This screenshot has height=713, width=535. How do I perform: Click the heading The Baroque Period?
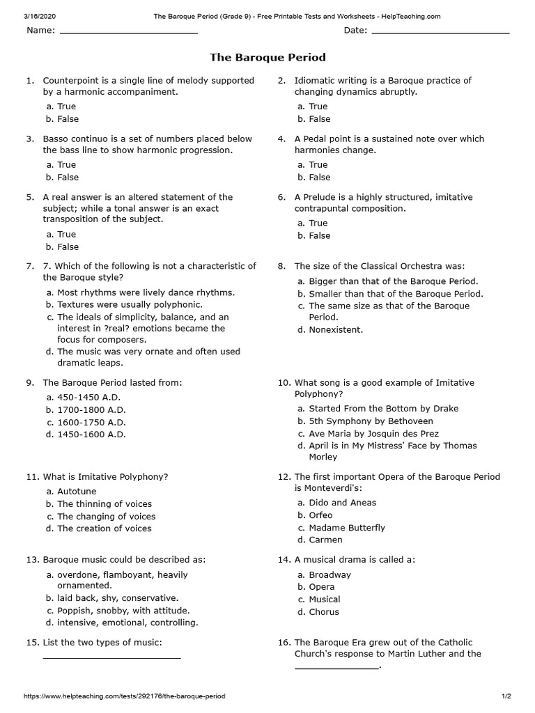pos(267,57)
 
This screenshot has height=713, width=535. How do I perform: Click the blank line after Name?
pos(129,32)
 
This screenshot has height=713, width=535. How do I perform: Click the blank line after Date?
pos(440,32)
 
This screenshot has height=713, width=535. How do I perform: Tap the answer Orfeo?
pos(320,515)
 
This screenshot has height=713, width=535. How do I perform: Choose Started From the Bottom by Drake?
pos(383,409)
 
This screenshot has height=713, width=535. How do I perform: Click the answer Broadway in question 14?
pos(329,575)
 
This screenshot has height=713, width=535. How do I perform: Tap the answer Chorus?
pos(324,612)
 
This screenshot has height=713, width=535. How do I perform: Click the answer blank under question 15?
pos(111,657)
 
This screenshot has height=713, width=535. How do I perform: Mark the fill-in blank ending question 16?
pos(336,667)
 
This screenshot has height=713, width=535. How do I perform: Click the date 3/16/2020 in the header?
pos(39,16)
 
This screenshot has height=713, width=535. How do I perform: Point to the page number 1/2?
pos(506,696)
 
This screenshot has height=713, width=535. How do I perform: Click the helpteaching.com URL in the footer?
pos(125,696)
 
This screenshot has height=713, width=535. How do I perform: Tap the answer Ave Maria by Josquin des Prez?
pos(373,434)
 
